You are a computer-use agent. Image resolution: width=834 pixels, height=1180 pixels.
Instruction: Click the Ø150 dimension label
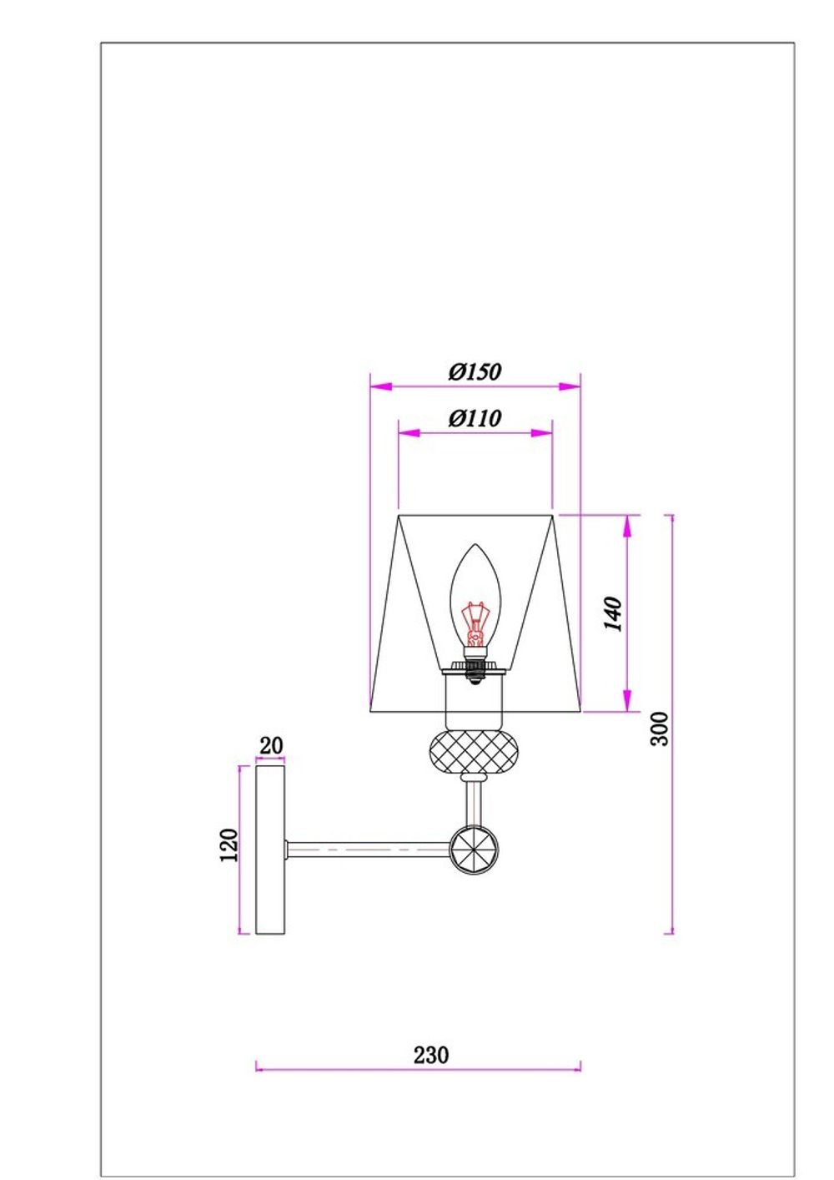[x=475, y=372]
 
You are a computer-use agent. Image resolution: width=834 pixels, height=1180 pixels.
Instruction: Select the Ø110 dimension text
[x=475, y=419]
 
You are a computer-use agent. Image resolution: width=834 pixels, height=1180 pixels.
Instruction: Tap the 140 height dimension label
[x=613, y=613]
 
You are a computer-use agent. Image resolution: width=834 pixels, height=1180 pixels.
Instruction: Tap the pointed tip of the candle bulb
[x=475, y=545]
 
